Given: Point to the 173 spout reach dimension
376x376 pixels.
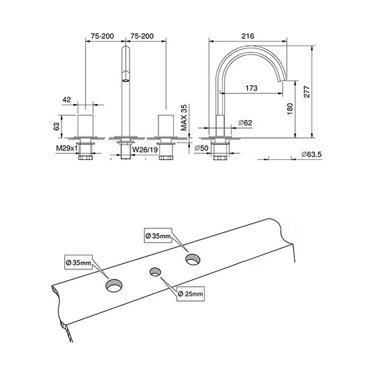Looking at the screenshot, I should [x=252, y=88].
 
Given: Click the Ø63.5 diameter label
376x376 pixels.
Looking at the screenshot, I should [x=312, y=155].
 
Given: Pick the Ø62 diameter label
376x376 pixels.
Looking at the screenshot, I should [x=244, y=123].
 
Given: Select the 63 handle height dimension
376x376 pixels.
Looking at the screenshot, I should [x=58, y=125].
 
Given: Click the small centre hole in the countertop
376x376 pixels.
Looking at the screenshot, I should [x=156, y=272].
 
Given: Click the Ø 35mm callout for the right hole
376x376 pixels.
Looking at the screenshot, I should [x=158, y=236].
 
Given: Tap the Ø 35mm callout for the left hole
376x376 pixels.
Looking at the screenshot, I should [x=79, y=262].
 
